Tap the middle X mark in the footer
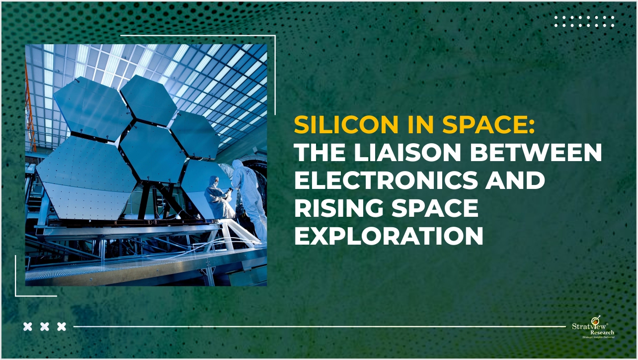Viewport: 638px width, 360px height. click(x=45, y=327)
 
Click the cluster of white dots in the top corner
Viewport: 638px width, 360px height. click(x=584, y=21)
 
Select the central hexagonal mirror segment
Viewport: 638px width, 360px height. click(x=152, y=151)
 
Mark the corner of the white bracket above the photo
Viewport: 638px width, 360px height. click(x=275, y=36)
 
